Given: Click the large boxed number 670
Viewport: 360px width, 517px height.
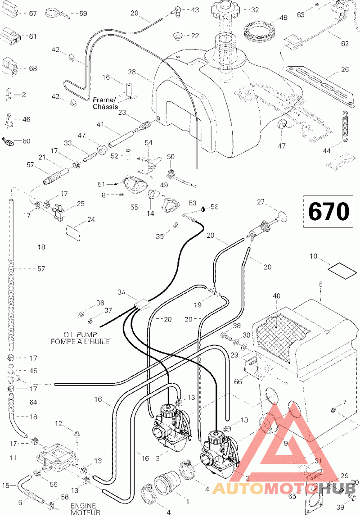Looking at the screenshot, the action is tap(328, 211).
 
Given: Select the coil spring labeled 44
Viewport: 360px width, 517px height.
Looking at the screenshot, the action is tap(345, 126).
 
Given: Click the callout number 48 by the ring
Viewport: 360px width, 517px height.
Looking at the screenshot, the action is tap(283, 18).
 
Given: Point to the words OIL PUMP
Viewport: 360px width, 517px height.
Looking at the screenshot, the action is tap(81, 335).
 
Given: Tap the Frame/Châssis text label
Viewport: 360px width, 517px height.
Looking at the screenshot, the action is tap(105, 103).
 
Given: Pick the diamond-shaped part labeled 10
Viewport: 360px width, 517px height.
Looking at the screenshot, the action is tap(342, 269).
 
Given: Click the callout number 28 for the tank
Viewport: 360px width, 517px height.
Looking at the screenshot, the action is tap(132, 72).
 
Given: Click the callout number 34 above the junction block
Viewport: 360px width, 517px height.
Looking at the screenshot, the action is tap(122, 292).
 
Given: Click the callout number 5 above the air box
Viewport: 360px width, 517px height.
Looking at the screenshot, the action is tap(321, 284).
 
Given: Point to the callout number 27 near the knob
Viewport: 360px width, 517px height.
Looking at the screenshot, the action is tap(261, 202).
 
